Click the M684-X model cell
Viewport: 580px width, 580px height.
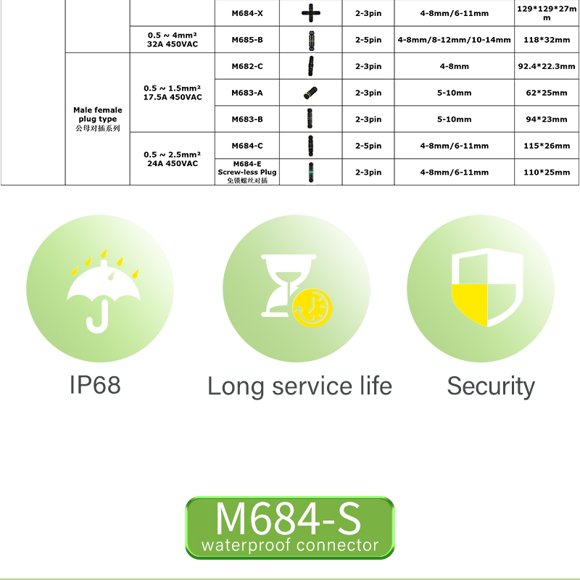point(246,13)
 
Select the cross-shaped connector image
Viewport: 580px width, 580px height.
point(310,13)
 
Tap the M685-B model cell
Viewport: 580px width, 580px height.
point(246,40)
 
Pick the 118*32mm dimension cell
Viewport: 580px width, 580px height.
point(547,40)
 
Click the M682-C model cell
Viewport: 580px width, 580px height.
point(246,66)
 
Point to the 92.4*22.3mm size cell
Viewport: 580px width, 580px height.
point(547,66)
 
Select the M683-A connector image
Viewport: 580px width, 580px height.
point(310,93)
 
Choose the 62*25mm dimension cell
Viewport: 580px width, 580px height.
point(547,93)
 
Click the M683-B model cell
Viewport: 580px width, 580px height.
point(246,119)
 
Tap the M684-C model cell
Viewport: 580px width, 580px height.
point(246,146)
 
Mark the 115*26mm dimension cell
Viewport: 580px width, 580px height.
point(547,146)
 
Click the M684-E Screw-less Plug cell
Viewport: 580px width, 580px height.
point(246,173)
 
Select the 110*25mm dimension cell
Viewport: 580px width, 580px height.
point(547,173)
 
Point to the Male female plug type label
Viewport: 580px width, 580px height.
point(97,118)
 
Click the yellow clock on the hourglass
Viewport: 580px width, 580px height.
point(311,307)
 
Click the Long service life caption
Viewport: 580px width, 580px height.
point(299,386)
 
